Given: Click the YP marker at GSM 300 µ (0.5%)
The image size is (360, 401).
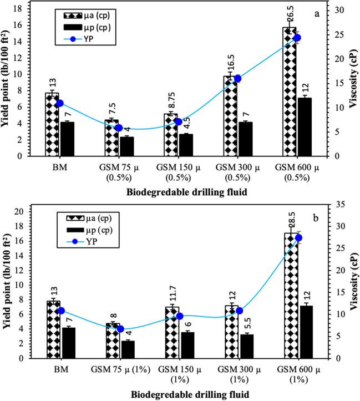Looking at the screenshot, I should [238, 79].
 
